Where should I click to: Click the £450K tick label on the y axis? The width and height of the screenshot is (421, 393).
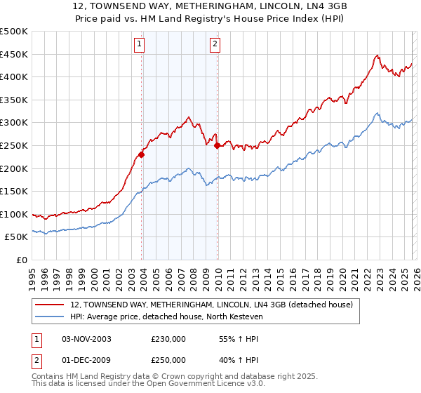tap(14, 54)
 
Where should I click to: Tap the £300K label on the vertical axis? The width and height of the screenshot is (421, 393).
tap(14, 123)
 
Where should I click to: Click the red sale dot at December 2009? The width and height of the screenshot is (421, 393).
tap(217, 146)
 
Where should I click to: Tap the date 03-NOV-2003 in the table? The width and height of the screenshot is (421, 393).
tap(86, 339)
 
